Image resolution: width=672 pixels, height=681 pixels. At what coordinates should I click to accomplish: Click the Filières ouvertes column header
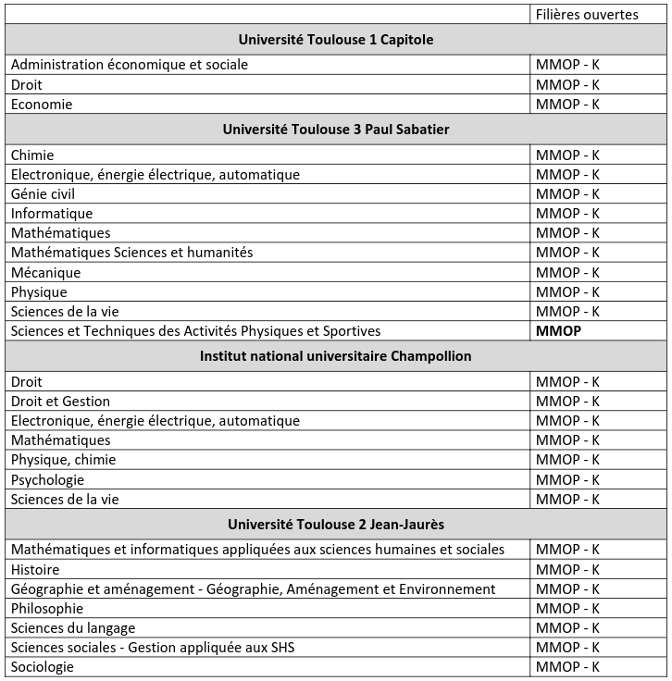(x=587, y=14)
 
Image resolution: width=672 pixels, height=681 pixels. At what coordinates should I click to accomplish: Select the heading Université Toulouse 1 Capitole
(x=336, y=40)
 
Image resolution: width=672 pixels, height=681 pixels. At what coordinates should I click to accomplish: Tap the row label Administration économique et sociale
(x=130, y=65)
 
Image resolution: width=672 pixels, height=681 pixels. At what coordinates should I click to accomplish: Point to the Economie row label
(x=42, y=105)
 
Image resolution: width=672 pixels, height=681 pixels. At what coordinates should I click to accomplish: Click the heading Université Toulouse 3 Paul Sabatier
(x=336, y=130)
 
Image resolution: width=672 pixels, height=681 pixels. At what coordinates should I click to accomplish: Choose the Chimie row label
(x=32, y=155)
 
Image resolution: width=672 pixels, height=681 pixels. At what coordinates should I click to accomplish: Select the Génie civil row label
(x=43, y=194)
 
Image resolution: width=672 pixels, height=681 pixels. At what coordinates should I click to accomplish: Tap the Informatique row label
(x=52, y=214)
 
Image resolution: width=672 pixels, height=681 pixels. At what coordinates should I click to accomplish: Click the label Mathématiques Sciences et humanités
(x=131, y=253)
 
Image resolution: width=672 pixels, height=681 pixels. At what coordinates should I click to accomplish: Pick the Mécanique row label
(x=46, y=273)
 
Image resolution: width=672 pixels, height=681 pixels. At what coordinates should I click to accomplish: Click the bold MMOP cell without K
(x=558, y=331)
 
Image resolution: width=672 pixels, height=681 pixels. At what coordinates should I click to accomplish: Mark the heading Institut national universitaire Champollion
(x=336, y=356)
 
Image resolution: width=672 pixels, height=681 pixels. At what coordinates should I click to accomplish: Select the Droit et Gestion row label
(x=60, y=402)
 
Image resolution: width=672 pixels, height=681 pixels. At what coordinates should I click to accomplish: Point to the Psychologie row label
(x=47, y=480)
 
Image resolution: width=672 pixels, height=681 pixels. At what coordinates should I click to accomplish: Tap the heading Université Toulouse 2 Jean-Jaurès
(x=336, y=525)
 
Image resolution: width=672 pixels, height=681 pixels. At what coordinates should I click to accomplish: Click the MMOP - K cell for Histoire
(x=567, y=570)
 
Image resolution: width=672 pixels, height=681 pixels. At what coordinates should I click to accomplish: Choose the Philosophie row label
(x=47, y=609)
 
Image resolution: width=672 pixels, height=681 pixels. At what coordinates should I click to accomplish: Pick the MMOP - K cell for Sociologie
(x=567, y=667)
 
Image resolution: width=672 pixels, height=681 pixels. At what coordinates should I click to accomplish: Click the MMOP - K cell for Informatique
(x=567, y=214)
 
